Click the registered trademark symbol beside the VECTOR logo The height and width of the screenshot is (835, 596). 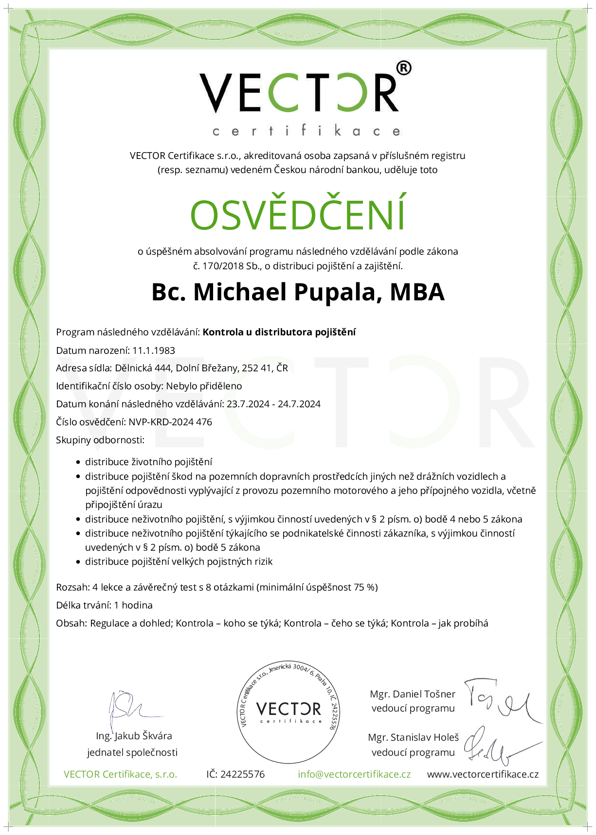[404, 68]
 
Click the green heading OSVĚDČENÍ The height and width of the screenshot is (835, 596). [298, 214]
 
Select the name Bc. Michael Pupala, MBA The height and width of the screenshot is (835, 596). [298, 292]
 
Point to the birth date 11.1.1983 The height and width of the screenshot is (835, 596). [154, 350]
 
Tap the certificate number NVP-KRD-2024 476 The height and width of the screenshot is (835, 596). [170, 422]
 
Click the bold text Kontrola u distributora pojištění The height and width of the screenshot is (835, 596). [279, 332]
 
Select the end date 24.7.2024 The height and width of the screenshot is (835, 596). [299, 404]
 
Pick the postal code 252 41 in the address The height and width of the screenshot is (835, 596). [256, 368]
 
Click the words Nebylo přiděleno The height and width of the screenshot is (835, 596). [204, 386]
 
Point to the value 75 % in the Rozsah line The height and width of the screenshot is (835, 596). [365, 587]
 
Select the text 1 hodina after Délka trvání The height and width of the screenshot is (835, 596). [133, 605]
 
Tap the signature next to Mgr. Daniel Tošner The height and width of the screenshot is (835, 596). [504, 700]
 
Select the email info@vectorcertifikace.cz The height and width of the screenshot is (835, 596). [354, 774]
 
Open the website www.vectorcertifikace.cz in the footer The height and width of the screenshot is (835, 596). [483, 774]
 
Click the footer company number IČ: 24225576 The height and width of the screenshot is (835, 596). [235, 774]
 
